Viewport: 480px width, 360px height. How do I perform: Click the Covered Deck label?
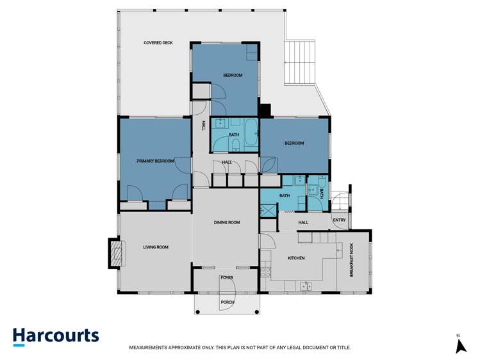coord(158,43)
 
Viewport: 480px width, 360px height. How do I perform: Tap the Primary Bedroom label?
coord(155,161)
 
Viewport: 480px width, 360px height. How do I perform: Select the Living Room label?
coord(155,247)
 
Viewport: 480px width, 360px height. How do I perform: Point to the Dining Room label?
coord(227,222)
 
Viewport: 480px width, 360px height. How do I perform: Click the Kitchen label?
coord(296,258)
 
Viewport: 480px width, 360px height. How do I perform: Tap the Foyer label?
coord(227,278)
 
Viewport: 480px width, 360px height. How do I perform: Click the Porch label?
coord(227,302)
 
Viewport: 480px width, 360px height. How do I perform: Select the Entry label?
coord(339,221)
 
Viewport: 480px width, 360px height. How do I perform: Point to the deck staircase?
coord(299,63)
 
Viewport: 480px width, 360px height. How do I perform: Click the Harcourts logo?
coord(56,336)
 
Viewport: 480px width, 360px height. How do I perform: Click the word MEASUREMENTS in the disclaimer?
coord(150,348)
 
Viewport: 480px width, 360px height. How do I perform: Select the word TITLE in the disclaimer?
coord(343,348)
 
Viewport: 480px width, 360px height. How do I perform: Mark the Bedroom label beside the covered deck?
coord(233,76)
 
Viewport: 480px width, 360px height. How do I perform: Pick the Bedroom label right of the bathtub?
coord(294,143)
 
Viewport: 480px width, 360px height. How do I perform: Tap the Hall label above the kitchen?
coord(303,222)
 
